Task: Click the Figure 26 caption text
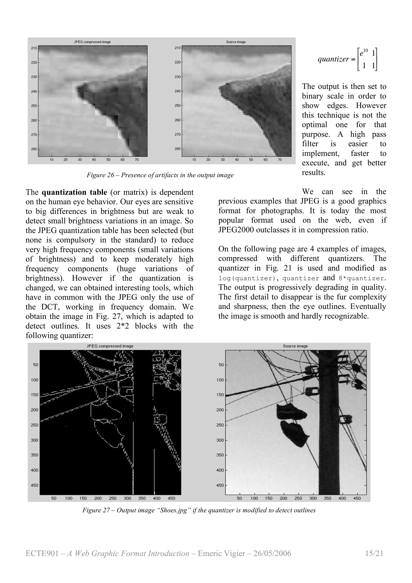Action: tap(160, 175)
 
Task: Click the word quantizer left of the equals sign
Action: tap(333, 59)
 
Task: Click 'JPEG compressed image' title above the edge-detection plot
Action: tap(110, 346)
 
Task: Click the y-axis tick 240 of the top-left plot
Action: tap(34, 91)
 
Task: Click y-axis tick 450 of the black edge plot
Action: tap(35, 485)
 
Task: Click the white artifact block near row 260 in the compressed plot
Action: tap(110, 122)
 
